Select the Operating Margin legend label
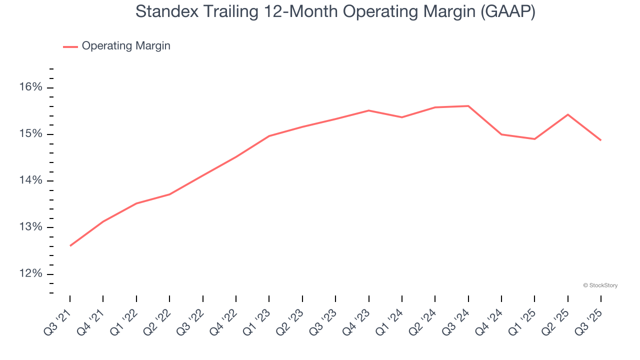pyautogui.click(x=126, y=46)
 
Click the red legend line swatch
pyautogui.click(x=70, y=46)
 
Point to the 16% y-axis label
pyautogui.click(x=31, y=87)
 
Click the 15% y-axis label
pyautogui.click(x=31, y=134)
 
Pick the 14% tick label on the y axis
pyautogui.click(x=31, y=180)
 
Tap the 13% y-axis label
pyautogui.click(x=31, y=227)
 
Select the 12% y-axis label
pyautogui.click(x=31, y=274)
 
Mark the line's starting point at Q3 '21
pyautogui.click(x=70, y=245)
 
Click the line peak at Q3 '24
pyautogui.click(x=468, y=106)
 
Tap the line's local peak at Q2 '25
pyautogui.click(x=567, y=114)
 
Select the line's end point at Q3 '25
pyautogui.click(x=600, y=140)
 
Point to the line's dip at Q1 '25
pyautogui.click(x=534, y=139)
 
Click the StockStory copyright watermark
pyautogui.click(x=600, y=285)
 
